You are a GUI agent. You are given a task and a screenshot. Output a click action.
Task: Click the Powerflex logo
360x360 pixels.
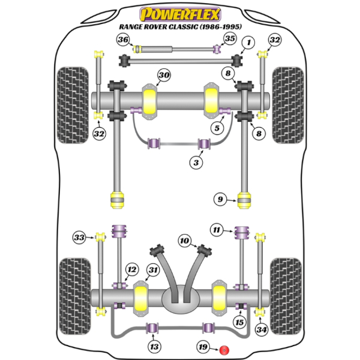tap(179, 13)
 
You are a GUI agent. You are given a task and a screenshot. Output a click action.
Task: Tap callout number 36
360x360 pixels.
tap(124, 40)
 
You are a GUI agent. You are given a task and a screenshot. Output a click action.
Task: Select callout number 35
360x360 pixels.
tap(229, 40)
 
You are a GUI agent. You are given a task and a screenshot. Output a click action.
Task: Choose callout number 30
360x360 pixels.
tap(164, 75)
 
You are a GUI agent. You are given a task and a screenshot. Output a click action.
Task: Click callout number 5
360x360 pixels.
tap(217, 127)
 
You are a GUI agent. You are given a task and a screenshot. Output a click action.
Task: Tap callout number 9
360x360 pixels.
tap(220, 199)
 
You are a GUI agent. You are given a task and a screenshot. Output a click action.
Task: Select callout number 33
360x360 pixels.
tap(79, 238)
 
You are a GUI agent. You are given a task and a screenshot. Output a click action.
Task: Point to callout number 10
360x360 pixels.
tap(184, 241)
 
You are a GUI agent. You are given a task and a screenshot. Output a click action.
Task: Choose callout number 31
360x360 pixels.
tap(154, 271)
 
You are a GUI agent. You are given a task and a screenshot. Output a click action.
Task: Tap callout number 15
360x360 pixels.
tap(240, 323)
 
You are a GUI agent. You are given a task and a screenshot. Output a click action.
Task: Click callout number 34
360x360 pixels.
tap(261, 329)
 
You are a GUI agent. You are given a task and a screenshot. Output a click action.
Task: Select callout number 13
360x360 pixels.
tap(155, 346)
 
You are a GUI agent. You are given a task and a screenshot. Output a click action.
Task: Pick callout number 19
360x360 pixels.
tap(204, 347)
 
